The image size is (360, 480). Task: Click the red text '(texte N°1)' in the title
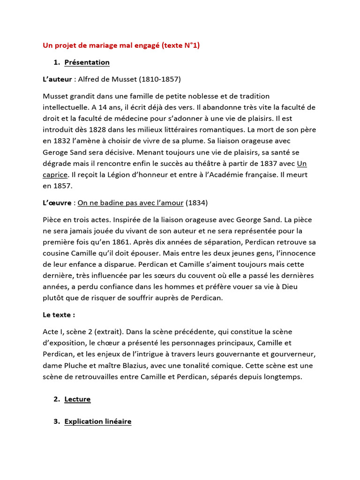180,45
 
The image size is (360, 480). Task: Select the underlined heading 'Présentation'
87,62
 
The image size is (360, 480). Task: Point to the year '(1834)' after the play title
197,202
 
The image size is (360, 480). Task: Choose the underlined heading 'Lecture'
77,399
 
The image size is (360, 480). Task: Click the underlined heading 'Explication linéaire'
97,421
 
